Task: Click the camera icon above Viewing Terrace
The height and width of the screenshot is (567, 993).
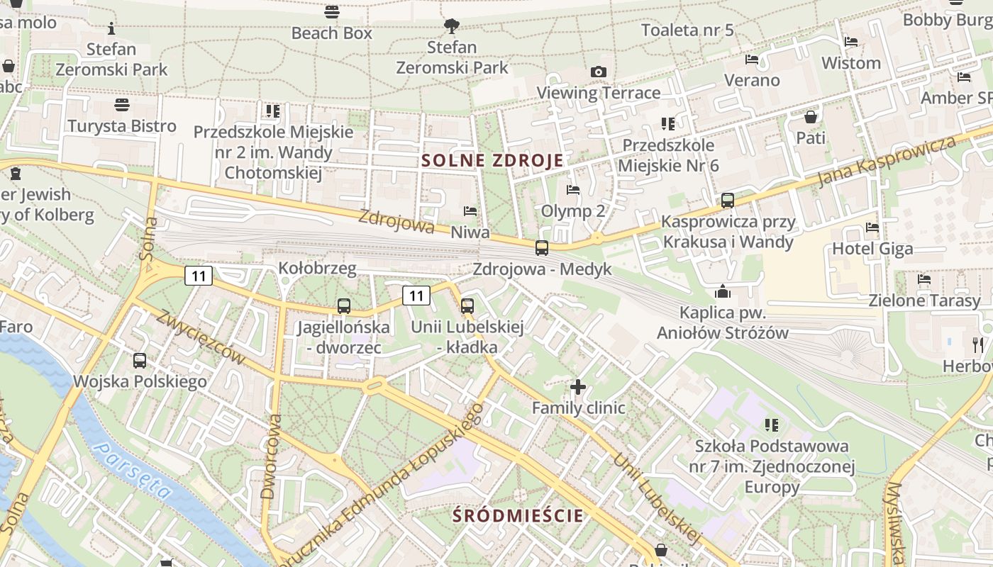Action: click(599, 72)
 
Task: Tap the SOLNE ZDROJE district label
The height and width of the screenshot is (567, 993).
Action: click(492, 160)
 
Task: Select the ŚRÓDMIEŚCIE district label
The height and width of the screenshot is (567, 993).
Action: click(518, 515)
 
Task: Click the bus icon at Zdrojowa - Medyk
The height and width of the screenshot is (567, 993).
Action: click(542, 247)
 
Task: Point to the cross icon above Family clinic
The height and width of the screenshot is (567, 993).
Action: click(578, 387)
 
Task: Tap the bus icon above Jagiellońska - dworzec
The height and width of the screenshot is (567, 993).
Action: click(344, 306)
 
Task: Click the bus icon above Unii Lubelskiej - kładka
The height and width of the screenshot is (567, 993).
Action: click(467, 306)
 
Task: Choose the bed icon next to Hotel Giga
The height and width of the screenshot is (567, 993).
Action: click(872, 228)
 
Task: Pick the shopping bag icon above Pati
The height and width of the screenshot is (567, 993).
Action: click(811, 117)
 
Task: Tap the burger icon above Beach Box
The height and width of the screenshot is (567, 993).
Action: click(331, 11)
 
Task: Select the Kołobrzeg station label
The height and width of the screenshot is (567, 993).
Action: click(317, 269)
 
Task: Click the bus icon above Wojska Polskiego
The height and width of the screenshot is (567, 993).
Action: click(140, 360)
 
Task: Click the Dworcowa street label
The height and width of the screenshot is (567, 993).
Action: click(271, 457)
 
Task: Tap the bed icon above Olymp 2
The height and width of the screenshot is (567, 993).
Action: click(573, 190)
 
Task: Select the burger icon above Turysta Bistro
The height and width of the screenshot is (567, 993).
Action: click(122, 105)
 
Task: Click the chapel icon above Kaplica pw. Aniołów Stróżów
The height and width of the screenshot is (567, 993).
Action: click(723, 291)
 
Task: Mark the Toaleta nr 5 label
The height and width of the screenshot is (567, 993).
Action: click(687, 30)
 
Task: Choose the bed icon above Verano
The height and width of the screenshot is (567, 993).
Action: click(752, 59)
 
